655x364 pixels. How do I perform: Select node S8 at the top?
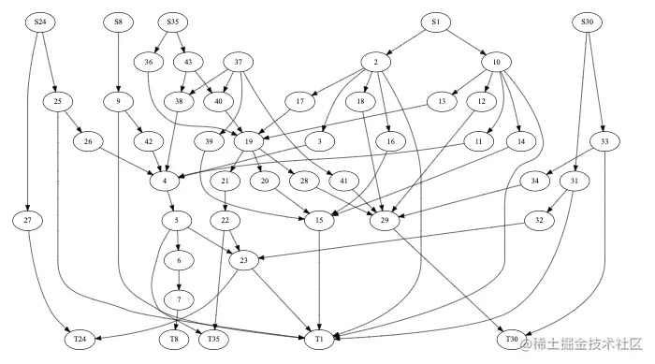click(118, 21)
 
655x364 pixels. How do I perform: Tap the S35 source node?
click(172, 21)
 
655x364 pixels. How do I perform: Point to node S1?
click(435, 21)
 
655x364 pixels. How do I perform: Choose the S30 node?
click(587, 21)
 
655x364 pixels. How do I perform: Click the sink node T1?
click(320, 337)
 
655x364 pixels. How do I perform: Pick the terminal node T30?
click(511, 337)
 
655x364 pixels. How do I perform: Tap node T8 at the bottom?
click(173, 337)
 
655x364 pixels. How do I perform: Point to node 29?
click(385, 220)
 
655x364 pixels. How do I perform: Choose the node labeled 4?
click(164, 180)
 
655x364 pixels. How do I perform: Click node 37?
click(240, 63)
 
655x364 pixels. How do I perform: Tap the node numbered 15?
click(320, 220)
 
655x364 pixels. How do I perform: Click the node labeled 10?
click(496, 63)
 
